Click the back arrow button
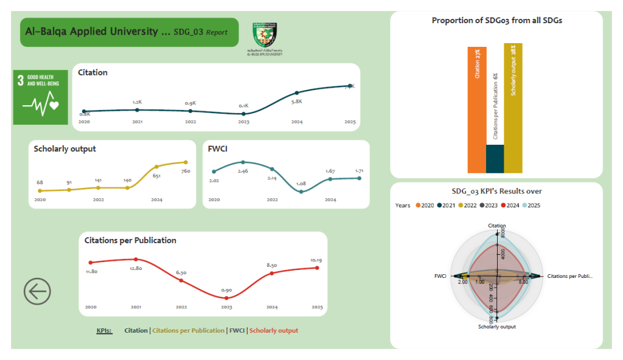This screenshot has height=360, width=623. (x=37, y=292)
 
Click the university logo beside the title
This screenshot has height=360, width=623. (x=265, y=38)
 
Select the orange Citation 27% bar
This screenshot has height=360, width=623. (x=477, y=109)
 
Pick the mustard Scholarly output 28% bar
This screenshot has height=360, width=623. (x=513, y=108)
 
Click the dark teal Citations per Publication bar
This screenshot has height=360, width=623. (x=495, y=159)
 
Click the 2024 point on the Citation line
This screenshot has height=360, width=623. (x=297, y=93)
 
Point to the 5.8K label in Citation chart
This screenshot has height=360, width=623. (x=297, y=102)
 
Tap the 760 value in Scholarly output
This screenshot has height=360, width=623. (x=186, y=171)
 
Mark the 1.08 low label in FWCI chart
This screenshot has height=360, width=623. (x=301, y=183)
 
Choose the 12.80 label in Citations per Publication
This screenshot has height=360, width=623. (x=136, y=268)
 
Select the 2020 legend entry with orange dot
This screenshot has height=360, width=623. (x=425, y=206)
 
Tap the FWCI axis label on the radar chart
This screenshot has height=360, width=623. (x=440, y=276)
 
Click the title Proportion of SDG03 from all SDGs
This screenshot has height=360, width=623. (x=496, y=21)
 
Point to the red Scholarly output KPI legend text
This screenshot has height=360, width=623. (x=274, y=331)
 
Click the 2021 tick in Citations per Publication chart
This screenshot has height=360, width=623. (x=136, y=307)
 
